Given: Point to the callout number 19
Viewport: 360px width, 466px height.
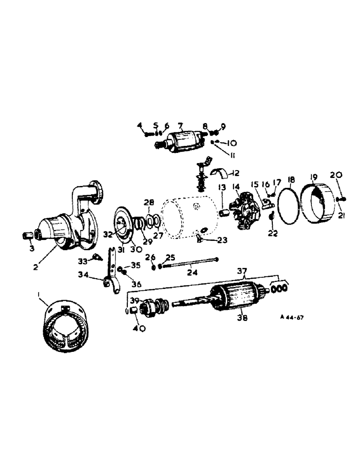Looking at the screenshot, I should (x=313, y=177).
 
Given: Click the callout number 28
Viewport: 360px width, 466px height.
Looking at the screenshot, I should (x=149, y=202).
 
